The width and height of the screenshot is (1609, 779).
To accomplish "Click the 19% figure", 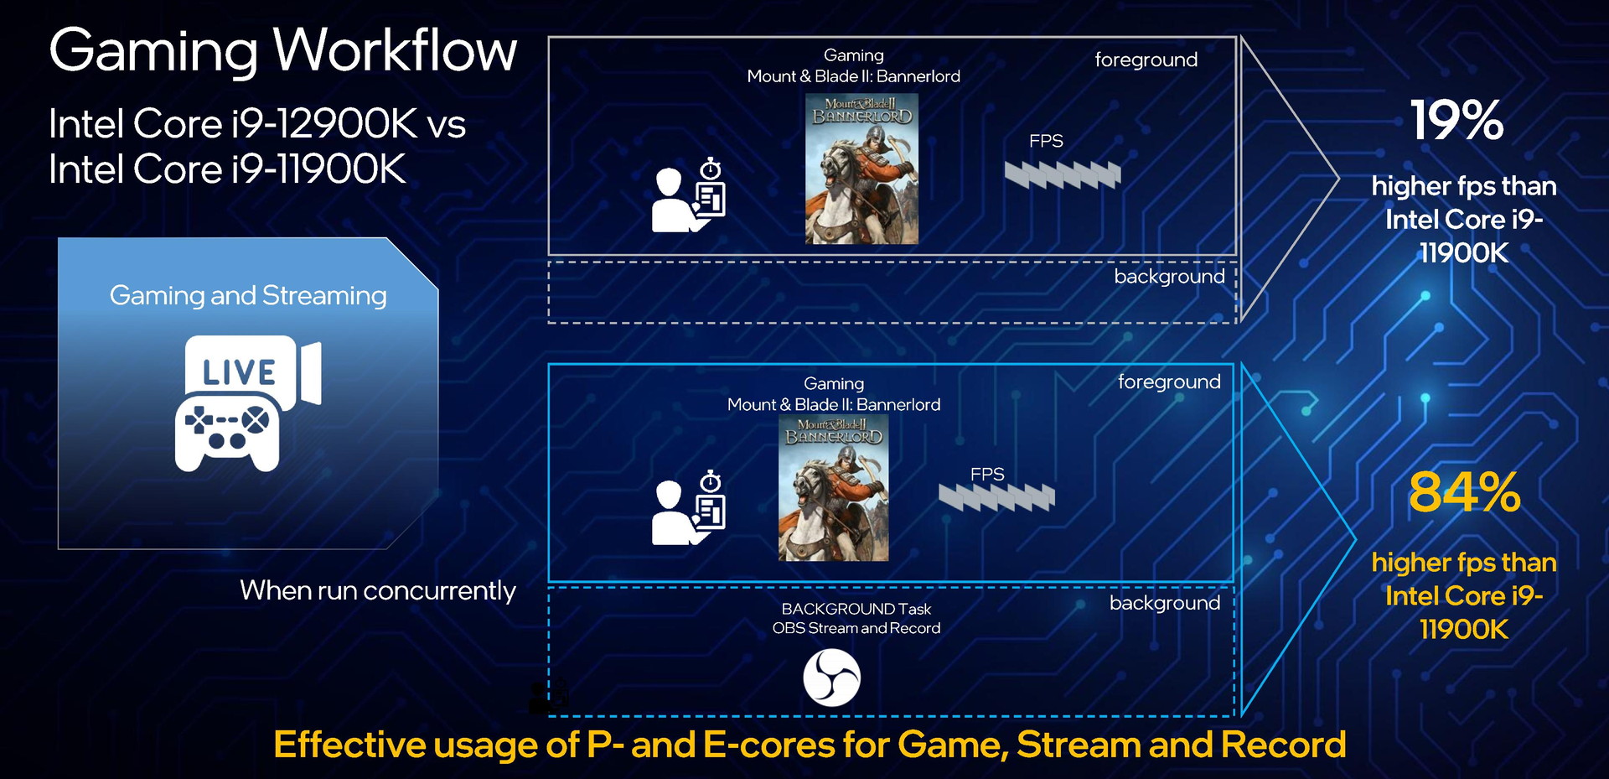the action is (x=1456, y=121).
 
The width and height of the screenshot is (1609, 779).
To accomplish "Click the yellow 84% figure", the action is (x=1464, y=492).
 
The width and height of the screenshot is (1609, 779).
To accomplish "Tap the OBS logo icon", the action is (x=831, y=678).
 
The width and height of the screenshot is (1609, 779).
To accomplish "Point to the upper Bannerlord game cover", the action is (x=861, y=169).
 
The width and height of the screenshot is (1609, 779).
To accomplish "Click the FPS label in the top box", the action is (x=1046, y=141).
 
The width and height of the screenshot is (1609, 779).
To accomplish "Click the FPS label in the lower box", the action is (x=987, y=475).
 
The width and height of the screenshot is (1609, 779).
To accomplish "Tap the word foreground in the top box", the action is (x=1146, y=60).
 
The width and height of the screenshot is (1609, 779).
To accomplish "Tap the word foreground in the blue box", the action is (x=1169, y=382).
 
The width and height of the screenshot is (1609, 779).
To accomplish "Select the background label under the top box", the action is (x=1169, y=277).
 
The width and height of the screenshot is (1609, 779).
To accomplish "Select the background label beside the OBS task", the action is (x=1165, y=603).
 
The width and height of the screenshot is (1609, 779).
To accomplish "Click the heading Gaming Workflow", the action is (x=283, y=52).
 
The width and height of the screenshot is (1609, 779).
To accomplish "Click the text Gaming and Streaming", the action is (x=248, y=296).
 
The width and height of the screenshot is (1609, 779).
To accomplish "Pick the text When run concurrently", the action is (x=378, y=591).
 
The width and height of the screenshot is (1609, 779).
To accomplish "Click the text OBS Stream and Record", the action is (x=856, y=628).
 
